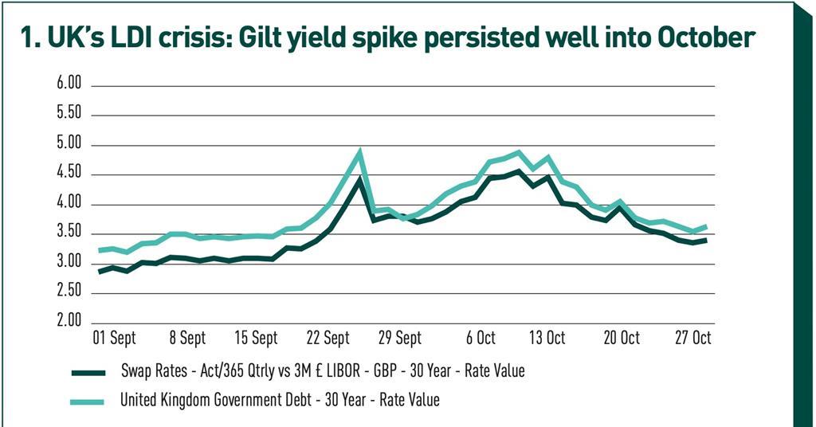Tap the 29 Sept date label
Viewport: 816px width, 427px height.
(x=398, y=339)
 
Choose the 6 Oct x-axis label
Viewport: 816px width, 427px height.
(x=480, y=339)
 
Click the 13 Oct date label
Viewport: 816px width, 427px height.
(x=548, y=339)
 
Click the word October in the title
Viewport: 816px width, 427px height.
(x=696, y=38)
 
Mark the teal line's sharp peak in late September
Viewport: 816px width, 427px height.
(x=360, y=151)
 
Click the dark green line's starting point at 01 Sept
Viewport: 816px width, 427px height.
(x=100, y=272)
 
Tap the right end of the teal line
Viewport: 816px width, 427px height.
(x=707, y=226)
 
